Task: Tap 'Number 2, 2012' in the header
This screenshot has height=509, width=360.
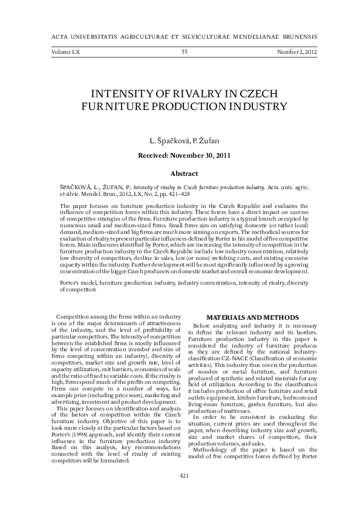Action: pos(297,53)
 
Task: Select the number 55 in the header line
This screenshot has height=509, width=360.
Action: pos(184,53)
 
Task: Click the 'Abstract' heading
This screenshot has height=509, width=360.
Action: pos(184,173)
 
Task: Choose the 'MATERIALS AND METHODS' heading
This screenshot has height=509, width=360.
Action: pos(252,317)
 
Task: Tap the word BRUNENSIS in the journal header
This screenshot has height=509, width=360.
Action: pos(298,36)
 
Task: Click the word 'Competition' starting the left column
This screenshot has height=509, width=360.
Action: pos(72,317)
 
